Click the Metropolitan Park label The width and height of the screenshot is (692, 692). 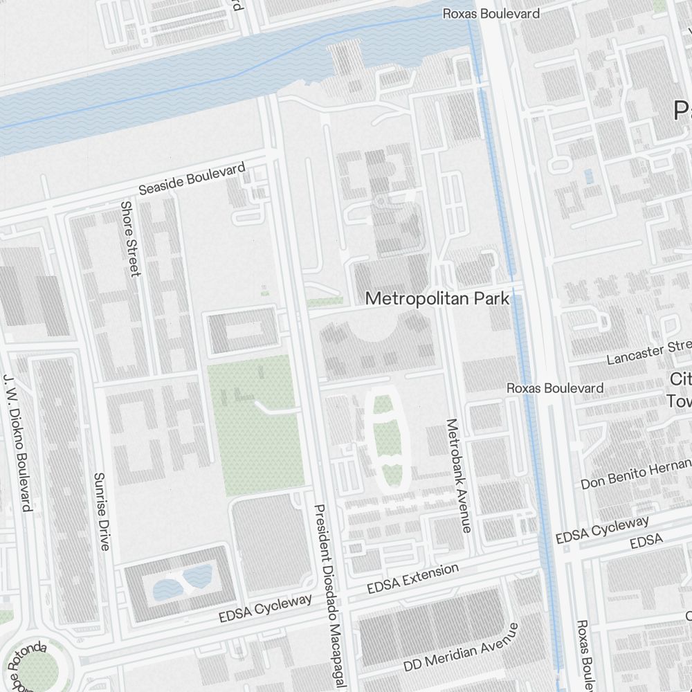point(437,299)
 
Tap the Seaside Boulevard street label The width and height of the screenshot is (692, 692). point(192,179)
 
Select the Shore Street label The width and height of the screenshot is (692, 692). point(130,238)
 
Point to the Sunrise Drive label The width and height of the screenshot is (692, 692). point(102,511)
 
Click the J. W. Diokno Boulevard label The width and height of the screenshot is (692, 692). point(18,443)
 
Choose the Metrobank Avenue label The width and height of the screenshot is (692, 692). point(459,475)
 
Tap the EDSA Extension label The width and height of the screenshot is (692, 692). point(412,579)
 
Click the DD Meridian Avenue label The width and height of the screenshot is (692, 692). point(461,647)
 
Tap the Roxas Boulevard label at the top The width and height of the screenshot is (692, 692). point(491,13)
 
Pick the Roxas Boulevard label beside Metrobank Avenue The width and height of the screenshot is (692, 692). point(554,388)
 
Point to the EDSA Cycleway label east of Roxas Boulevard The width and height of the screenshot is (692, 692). point(602,529)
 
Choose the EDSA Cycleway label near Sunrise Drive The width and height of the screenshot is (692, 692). point(265,608)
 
